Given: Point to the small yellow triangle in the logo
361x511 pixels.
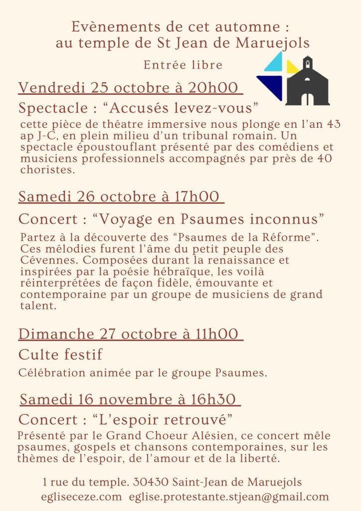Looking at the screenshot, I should coord(292,67).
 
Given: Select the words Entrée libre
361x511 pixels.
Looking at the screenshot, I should coord(183,65).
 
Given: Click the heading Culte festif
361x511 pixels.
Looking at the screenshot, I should coord(60,354).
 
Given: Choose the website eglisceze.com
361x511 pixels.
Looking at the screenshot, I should coord(81,497).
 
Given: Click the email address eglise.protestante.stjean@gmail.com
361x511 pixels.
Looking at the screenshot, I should coord(229,497).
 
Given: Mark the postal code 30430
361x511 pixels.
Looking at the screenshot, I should coord(151,483).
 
